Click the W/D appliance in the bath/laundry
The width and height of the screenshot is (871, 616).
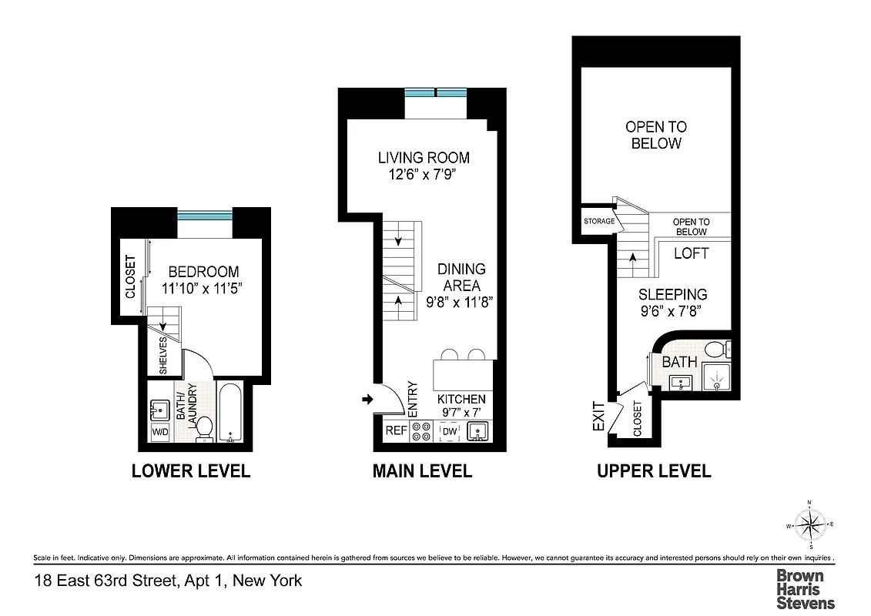pyautogui.click(x=160, y=432)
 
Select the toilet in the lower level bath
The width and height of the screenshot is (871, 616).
pyautogui.click(x=204, y=428)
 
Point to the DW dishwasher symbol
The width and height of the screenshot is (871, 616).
pyautogui.click(x=449, y=433)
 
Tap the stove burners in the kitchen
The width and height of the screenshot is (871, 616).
pyautogui.click(x=422, y=432)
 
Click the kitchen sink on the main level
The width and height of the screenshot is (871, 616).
pyautogui.click(x=477, y=432)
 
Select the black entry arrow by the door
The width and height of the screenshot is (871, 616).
pyautogui.click(x=367, y=399)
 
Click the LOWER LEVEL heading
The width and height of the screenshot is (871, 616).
pyautogui.click(x=191, y=471)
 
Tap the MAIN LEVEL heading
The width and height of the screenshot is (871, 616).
pyautogui.click(x=422, y=471)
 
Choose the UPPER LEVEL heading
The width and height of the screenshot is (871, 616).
pyautogui.click(x=654, y=471)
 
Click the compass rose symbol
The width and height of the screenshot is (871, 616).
pyautogui.click(x=809, y=526)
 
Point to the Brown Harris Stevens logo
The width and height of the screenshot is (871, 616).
pyautogui.click(x=805, y=589)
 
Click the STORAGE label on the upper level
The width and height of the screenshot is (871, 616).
pyautogui.click(x=599, y=222)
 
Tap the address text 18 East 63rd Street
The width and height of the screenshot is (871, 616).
pyautogui.click(x=168, y=581)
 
